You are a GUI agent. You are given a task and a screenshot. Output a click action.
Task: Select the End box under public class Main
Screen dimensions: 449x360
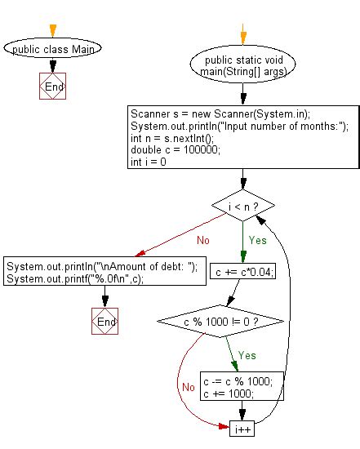pyautogui.click(x=54, y=86)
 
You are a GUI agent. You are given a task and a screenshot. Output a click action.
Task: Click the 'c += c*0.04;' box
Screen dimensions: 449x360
pyautogui.click(x=242, y=272)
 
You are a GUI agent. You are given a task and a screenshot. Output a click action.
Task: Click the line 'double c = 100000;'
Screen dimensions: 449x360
pyautogui.click(x=167, y=150)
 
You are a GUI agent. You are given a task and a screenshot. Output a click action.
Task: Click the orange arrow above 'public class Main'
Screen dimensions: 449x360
pyautogui.click(x=54, y=30)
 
